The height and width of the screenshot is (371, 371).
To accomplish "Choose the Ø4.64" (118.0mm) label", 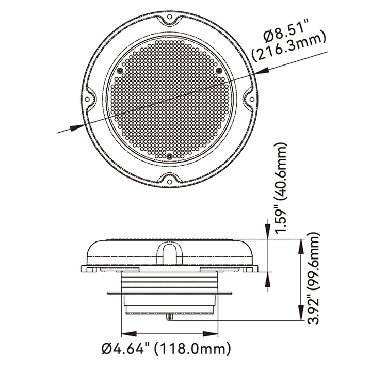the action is click(x=166, y=348).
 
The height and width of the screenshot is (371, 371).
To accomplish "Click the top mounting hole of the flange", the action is click(x=169, y=17).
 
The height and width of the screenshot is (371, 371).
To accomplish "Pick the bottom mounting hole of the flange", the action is click(x=169, y=182).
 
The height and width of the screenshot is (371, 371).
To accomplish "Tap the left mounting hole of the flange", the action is click(x=87, y=99).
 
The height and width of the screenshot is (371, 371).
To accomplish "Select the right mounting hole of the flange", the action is click(x=252, y=99).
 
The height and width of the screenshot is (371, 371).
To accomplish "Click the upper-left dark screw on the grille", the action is click(x=120, y=70).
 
